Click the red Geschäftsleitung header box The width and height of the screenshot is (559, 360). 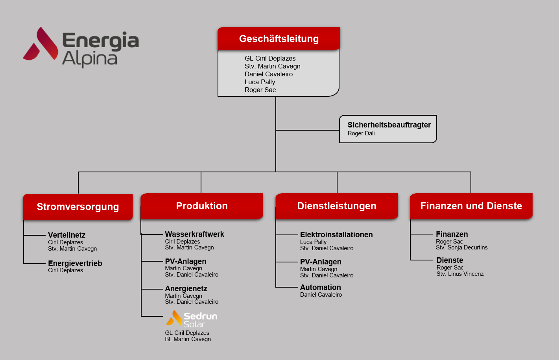[279, 39]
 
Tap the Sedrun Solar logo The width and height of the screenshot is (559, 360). [192, 319]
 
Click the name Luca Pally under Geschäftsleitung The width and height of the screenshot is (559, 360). [260, 82]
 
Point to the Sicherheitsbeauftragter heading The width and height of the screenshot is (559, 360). [389, 125]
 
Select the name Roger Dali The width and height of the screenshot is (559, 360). [361, 133]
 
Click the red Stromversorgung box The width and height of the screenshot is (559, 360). [78, 207]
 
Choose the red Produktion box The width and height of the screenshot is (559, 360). [202, 206]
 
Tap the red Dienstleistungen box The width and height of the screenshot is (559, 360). [337, 206]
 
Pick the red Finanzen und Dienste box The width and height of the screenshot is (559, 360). [471, 206]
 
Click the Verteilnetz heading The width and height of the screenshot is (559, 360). [66, 235]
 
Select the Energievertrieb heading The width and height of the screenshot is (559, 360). [75, 263]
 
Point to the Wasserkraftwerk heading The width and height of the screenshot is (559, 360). [194, 234]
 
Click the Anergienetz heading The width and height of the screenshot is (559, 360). [186, 288]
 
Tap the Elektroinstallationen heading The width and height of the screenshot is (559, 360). [336, 234]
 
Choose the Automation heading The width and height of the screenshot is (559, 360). [321, 287]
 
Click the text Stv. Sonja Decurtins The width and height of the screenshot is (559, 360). [462, 247]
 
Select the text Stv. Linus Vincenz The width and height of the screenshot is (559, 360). [460, 274]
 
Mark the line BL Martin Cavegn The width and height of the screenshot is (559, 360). [188, 339]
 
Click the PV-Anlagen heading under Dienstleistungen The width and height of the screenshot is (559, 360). [321, 262]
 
